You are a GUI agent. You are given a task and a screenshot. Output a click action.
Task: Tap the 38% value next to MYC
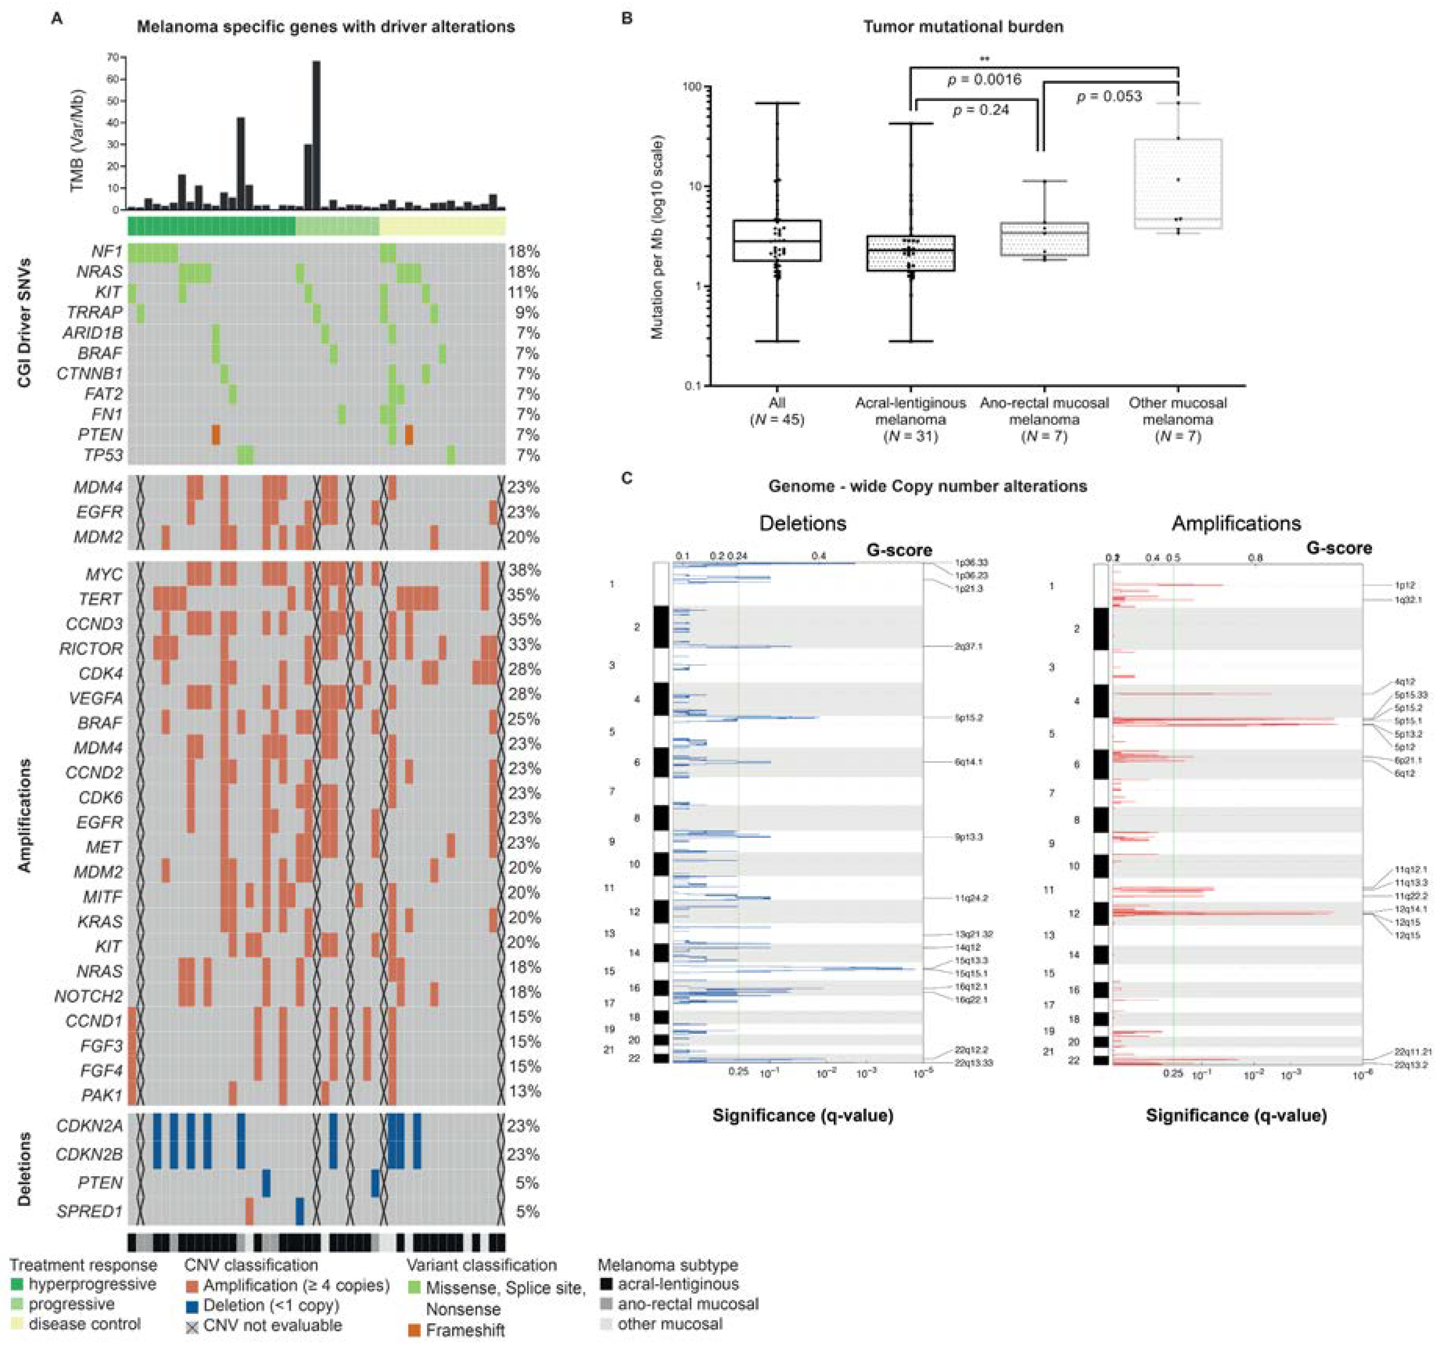524,571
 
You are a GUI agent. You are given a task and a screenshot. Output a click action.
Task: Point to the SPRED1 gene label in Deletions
90,1211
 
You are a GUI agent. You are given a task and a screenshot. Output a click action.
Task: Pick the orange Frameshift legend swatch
415,1330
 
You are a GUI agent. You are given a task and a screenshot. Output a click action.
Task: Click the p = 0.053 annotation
1109,96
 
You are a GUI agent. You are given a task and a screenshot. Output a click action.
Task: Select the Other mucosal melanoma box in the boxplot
1179,184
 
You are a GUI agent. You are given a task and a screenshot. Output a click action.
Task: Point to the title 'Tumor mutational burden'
963,27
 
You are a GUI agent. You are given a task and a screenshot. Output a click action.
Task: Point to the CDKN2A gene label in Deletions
89,1126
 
